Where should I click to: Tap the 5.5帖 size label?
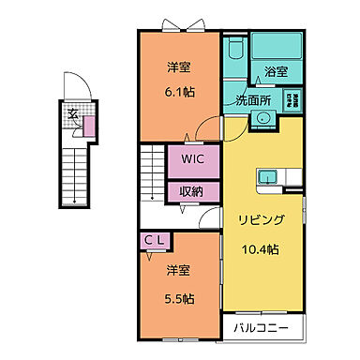tap(180, 298)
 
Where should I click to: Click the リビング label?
tap(261, 218)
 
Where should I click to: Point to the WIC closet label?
tap(193, 158)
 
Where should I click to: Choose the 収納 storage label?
tap(193, 190)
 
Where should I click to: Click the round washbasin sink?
tap(262, 118)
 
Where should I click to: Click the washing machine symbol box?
tap(293, 103)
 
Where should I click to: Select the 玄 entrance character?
tap(71, 115)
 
